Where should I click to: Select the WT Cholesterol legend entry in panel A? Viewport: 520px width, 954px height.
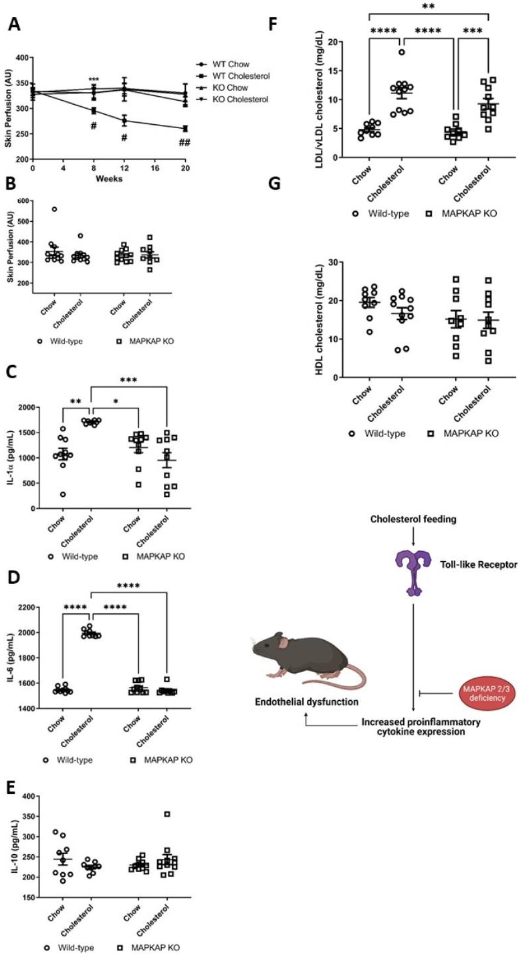[x=241, y=76]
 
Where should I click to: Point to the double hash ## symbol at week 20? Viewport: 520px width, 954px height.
[x=184, y=143]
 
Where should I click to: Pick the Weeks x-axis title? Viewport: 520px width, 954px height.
[x=109, y=179]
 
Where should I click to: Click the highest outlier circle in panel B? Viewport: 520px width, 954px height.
[x=54, y=209]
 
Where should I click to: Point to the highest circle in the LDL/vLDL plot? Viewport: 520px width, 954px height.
[x=402, y=52]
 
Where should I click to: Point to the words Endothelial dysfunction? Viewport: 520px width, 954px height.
[x=306, y=702]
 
